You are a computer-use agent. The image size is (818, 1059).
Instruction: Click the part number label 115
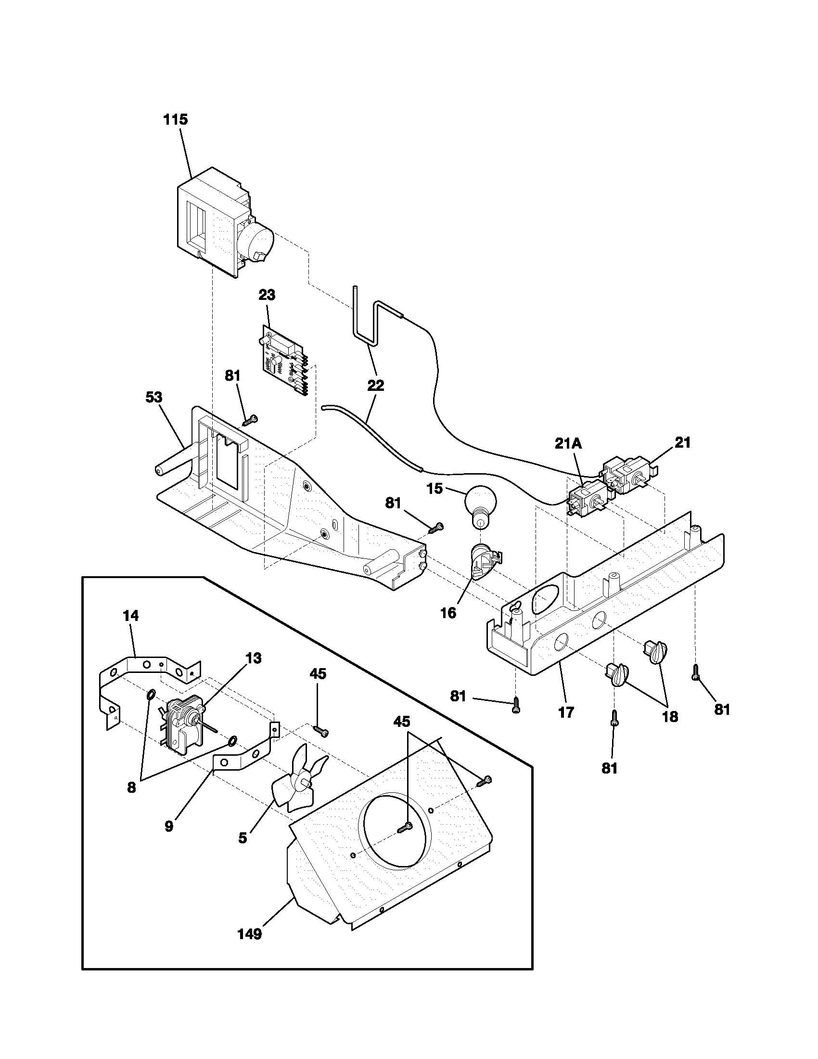[x=176, y=119]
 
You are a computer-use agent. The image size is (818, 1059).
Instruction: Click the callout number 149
[x=250, y=934]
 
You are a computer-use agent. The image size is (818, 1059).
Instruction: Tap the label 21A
[x=568, y=443]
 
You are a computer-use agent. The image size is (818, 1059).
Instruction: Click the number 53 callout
[x=154, y=397]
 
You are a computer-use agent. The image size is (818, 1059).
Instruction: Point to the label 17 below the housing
[x=566, y=712]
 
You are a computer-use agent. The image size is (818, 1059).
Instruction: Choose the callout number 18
[x=670, y=717]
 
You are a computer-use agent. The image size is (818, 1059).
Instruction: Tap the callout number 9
[x=168, y=826]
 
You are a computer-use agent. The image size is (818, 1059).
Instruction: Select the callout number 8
[x=131, y=788]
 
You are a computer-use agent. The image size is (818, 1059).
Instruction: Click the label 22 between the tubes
[x=376, y=386]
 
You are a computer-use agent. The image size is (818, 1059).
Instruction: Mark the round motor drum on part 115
[x=256, y=243]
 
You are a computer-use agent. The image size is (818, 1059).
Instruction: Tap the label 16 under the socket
[x=449, y=613]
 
